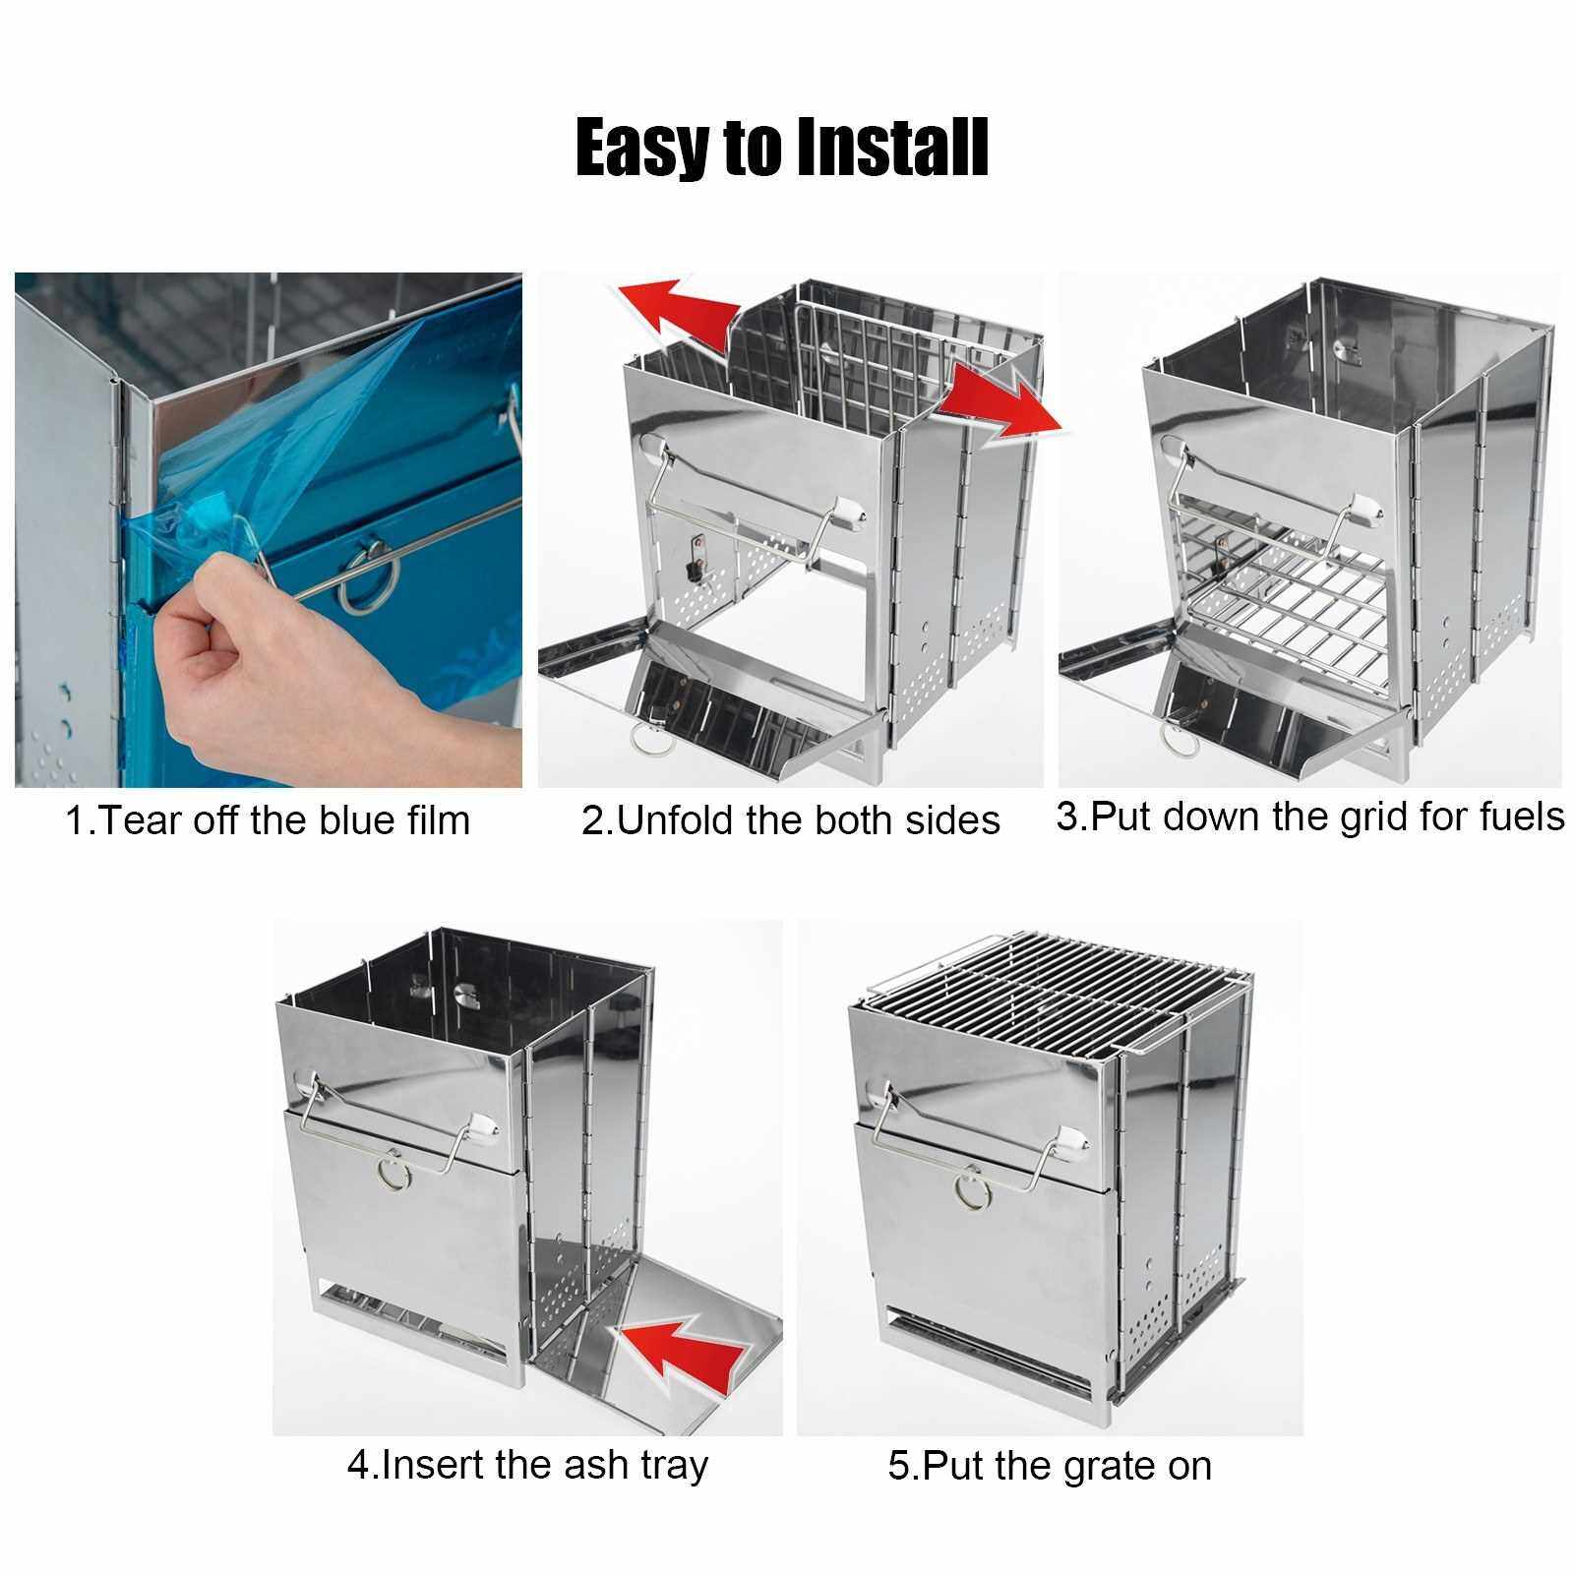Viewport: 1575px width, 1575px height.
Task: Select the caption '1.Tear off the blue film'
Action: tap(268, 819)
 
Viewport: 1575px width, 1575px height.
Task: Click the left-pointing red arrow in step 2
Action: tap(678, 305)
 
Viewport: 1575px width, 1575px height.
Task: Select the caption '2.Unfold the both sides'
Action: tap(791, 819)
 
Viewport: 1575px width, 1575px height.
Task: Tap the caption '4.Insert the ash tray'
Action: tap(527, 1465)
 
